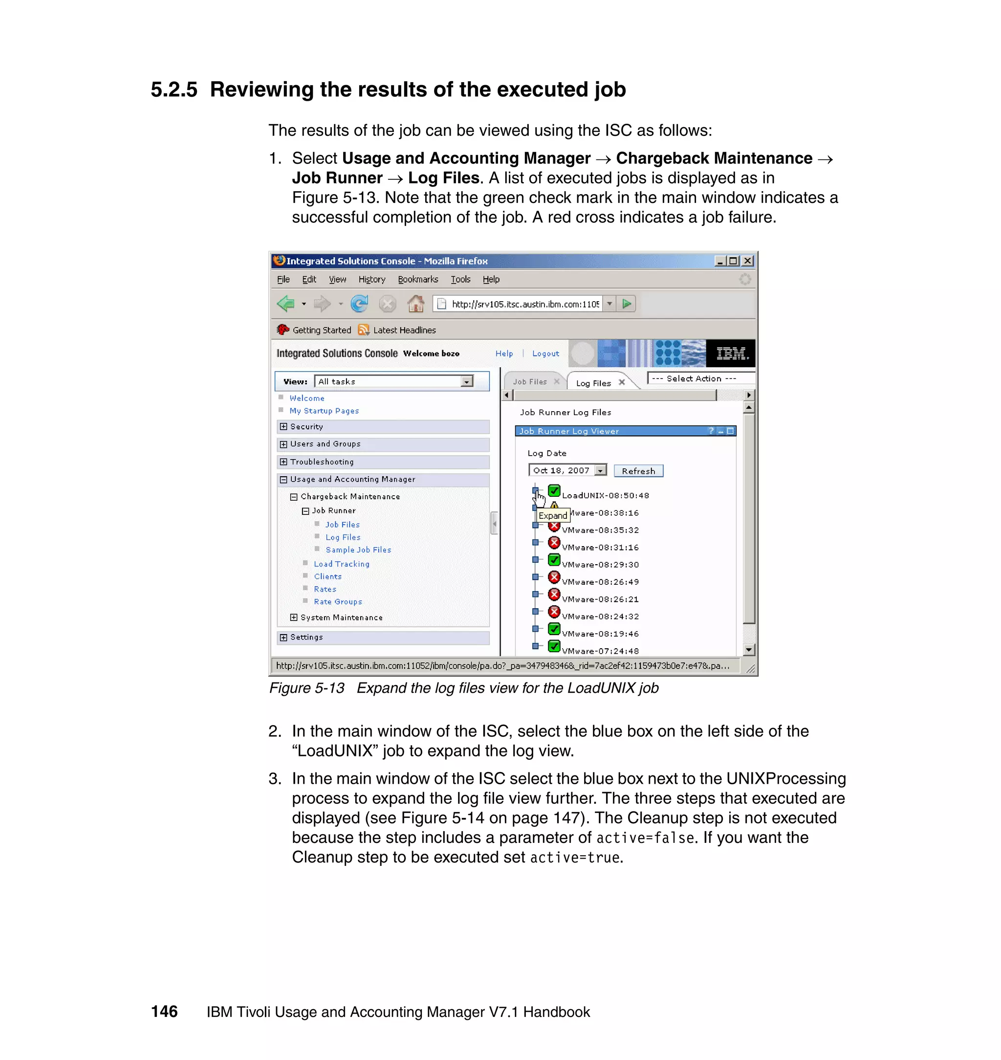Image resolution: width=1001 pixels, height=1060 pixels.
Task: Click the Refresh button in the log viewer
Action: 638,471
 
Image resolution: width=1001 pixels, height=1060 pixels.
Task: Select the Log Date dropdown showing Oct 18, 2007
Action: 567,470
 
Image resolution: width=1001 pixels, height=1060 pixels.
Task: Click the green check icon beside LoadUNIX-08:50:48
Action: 554,490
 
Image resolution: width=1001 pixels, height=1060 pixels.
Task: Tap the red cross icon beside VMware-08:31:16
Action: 554,543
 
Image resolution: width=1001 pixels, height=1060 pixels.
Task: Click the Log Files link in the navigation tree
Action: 343,537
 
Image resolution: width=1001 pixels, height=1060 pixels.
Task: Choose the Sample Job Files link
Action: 358,550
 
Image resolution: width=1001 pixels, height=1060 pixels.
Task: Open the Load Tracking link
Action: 342,564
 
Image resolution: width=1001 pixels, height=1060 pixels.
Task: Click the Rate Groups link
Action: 338,601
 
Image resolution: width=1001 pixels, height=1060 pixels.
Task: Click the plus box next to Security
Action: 283,426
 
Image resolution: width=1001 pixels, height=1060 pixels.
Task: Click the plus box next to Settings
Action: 283,637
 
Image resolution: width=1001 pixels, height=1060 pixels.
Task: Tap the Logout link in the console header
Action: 545,353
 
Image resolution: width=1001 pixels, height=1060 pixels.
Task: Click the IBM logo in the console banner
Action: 731,353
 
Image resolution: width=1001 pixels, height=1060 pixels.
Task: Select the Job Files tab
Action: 530,382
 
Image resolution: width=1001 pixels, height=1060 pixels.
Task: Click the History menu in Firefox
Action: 371,279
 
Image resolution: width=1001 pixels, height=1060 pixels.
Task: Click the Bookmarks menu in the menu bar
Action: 418,279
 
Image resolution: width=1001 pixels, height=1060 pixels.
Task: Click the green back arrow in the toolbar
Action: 286,304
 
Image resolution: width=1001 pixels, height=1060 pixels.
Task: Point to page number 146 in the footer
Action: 164,1012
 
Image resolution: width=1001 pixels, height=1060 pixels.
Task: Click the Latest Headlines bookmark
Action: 404,330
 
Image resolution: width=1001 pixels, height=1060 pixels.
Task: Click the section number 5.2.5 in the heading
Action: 174,89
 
